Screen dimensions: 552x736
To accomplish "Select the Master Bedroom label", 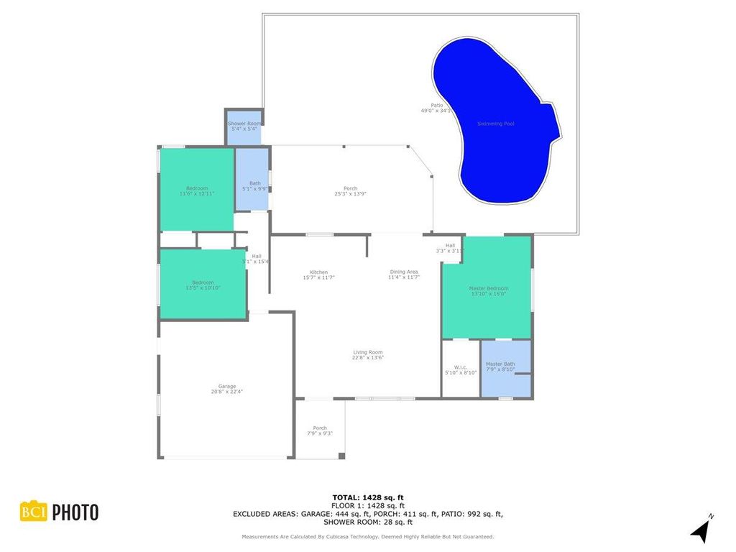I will click(488, 288).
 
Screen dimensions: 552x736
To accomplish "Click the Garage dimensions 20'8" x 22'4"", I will click(227, 392).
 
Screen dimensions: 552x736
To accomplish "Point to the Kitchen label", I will click(319, 272).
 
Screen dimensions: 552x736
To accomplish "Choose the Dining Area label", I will click(404, 272).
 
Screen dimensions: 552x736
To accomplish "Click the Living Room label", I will click(367, 352).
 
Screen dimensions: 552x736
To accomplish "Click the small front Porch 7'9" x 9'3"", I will click(320, 431).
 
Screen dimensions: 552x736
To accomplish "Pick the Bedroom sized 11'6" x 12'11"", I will click(197, 190).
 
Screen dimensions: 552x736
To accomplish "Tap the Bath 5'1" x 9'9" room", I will click(254, 185).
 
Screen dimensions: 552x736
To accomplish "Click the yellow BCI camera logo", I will click(32, 512).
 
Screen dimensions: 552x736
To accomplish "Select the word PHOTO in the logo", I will click(75, 512).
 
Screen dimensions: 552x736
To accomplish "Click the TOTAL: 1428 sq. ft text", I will click(368, 497).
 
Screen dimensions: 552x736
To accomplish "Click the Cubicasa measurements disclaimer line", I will click(367, 537).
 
